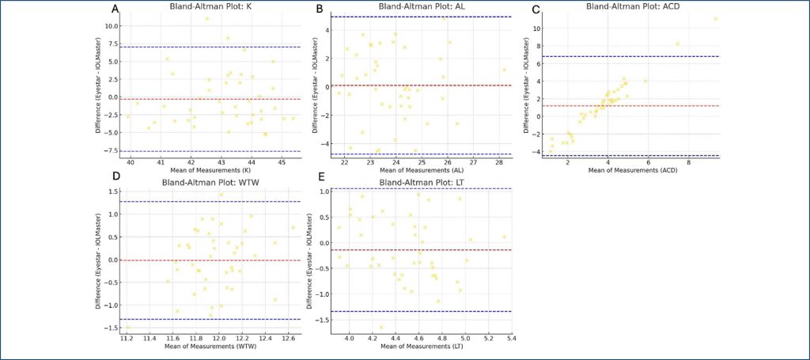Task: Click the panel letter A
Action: (115, 9)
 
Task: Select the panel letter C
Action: (536, 9)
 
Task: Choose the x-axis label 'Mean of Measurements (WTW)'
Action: (207, 346)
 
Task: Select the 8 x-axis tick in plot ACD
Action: (688, 162)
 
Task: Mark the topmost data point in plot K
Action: (207, 18)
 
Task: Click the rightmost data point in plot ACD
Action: (715, 19)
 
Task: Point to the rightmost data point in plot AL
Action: (503, 70)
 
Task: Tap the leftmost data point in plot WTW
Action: (127, 327)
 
